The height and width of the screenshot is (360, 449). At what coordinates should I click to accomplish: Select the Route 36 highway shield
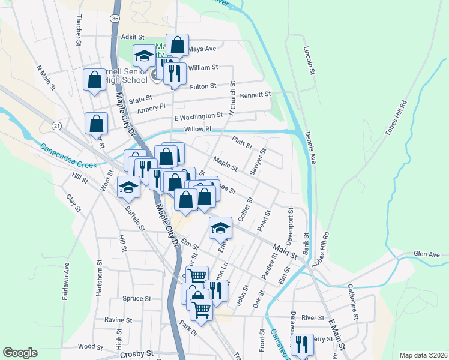(x=114, y=20)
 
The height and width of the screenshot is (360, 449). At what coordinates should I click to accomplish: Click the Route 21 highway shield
(x=56, y=125)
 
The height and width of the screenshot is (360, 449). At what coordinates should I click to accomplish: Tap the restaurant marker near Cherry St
(x=301, y=344)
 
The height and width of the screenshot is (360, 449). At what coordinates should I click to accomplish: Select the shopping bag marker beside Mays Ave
(x=178, y=44)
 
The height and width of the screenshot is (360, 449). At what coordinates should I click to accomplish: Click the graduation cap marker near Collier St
(x=220, y=227)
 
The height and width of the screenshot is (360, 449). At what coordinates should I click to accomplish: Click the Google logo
(x=20, y=353)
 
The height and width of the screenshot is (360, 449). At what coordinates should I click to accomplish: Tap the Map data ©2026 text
(x=423, y=355)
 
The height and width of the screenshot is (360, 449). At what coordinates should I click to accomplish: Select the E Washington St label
(x=198, y=116)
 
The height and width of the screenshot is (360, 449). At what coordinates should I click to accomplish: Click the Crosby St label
(x=137, y=354)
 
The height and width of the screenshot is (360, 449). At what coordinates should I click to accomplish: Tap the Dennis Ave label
(x=310, y=148)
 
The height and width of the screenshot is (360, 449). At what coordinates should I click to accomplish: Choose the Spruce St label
(x=136, y=298)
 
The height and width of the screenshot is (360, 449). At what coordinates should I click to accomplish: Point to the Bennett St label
(x=256, y=95)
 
